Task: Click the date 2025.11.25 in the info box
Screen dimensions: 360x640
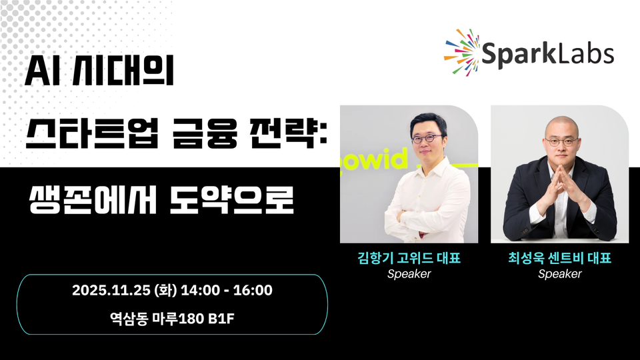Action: (x=111, y=291)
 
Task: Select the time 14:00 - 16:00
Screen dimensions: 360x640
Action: (x=226, y=291)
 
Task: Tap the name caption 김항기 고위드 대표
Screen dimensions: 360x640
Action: (x=409, y=259)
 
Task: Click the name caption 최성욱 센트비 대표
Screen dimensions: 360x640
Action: (x=559, y=259)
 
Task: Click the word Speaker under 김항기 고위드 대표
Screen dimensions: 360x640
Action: (x=409, y=274)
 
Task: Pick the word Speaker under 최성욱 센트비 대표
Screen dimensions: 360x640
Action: (x=559, y=274)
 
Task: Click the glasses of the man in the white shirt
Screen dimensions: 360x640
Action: (x=427, y=140)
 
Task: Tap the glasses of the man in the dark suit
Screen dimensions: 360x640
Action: (x=559, y=141)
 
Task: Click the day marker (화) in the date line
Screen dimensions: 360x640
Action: (x=163, y=291)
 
